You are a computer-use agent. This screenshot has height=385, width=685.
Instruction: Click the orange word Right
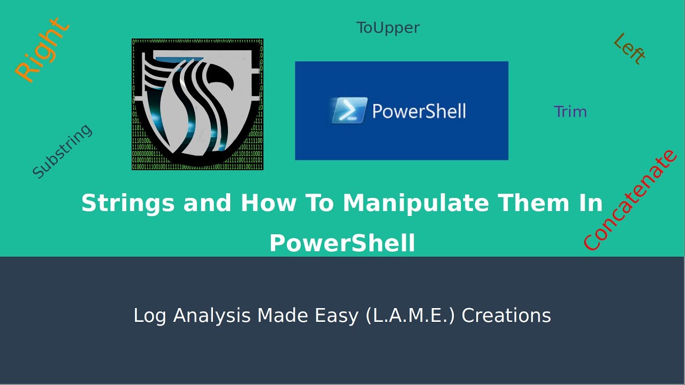click(x=42, y=50)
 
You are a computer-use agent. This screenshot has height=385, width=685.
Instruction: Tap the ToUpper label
click(x=388, y=28)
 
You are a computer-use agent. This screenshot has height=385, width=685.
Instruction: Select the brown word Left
click(x=629, y=49)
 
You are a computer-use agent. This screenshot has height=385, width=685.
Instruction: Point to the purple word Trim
click(x=570, y=112)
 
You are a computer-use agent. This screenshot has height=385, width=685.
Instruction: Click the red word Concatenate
click(x=630, y=199)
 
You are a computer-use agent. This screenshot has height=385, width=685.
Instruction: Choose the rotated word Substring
click(x=62, y=151)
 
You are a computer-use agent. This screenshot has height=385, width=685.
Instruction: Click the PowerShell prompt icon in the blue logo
click(x=349, y=110)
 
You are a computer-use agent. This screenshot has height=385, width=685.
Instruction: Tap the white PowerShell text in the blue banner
click(x=419, y=111)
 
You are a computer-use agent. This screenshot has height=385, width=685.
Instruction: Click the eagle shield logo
click(x=197, y=104)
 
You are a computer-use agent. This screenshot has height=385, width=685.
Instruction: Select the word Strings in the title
click(x=129, y=203)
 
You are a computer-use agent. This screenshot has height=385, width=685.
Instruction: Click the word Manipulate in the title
click(x=416, y=203)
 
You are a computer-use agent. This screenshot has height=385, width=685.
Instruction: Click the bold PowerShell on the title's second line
click(x=342, y=243)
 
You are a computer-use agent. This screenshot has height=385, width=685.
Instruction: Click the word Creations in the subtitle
click(x=506, y=315)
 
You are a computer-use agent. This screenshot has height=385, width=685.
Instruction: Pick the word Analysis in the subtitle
click(x=212, y=315)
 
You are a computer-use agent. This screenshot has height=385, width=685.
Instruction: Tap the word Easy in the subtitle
click(x=337, y=315)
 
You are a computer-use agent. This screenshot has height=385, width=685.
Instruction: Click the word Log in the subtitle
click(x=150, y=315)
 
